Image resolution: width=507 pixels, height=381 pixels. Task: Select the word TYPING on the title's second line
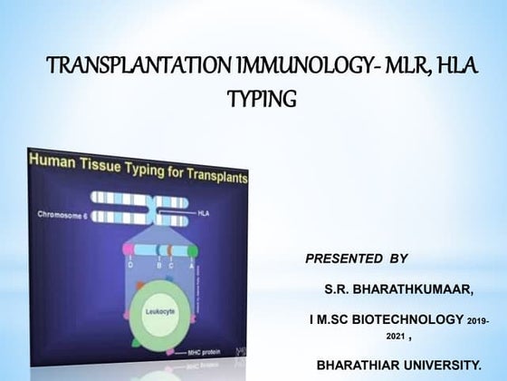[263, 97]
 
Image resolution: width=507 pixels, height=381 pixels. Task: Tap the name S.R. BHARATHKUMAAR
[398, 289]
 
